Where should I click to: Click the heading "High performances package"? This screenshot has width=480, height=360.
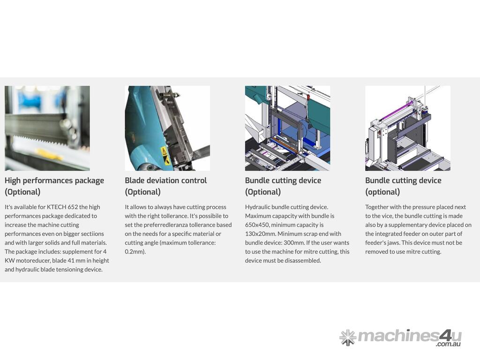[x=54, y=180]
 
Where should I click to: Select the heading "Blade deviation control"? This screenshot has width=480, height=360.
[x=165, y=180]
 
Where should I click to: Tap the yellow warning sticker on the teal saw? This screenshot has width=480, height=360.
[x=165, y=156]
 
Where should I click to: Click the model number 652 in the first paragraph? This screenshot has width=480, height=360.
[x=72, y=207]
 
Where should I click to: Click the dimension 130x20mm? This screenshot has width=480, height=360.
[x=260, y=233]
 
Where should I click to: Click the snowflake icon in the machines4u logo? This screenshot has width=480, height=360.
[x=348, y=337]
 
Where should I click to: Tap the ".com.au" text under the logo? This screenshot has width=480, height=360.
[x=448, y=344]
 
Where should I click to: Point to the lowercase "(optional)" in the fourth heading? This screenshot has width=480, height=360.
[x=382, y=192]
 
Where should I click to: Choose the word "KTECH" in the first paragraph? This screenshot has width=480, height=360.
[x=56, y=207]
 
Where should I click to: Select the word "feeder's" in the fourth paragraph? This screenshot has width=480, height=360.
[x=376, y=243]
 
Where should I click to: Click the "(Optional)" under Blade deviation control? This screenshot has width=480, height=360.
[x=142, y=192]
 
